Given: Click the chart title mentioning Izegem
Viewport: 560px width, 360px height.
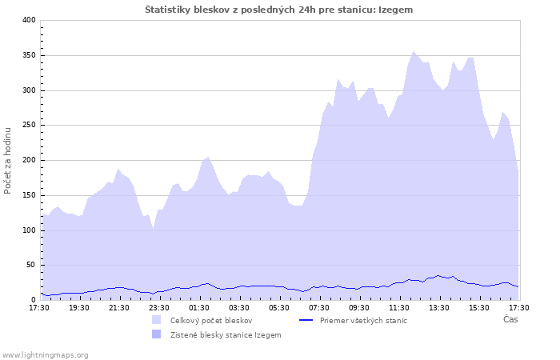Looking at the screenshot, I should point(279,10).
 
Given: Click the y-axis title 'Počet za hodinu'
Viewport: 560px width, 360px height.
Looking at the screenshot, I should point(8,160).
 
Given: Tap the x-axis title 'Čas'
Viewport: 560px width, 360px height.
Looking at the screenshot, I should point(510,319).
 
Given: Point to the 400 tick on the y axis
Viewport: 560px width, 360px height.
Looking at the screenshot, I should point(29,20).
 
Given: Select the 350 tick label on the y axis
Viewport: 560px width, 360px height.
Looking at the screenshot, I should point(29,55).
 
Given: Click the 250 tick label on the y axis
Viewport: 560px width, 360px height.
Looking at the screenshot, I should point(29,126).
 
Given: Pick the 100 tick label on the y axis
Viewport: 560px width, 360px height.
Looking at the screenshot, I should point(29,230).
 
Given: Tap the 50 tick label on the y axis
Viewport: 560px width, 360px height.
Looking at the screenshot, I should point(31,266).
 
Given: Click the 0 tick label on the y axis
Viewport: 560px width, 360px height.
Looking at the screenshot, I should point(34,300).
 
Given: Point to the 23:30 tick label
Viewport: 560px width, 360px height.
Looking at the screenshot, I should point(159,307).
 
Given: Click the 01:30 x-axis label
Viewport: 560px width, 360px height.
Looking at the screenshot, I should point(199,307).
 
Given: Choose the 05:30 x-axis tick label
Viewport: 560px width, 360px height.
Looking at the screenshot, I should point(279,307).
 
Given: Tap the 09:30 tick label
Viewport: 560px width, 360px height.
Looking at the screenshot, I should point(359,307).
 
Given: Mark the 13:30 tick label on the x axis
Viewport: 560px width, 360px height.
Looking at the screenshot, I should point(439,307).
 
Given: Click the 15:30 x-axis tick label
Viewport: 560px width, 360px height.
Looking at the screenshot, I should point(479,307).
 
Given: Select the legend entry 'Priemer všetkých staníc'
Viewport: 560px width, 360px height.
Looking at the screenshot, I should point(363,320).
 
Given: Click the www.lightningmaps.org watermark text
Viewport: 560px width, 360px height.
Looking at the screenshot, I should point(45,354).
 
